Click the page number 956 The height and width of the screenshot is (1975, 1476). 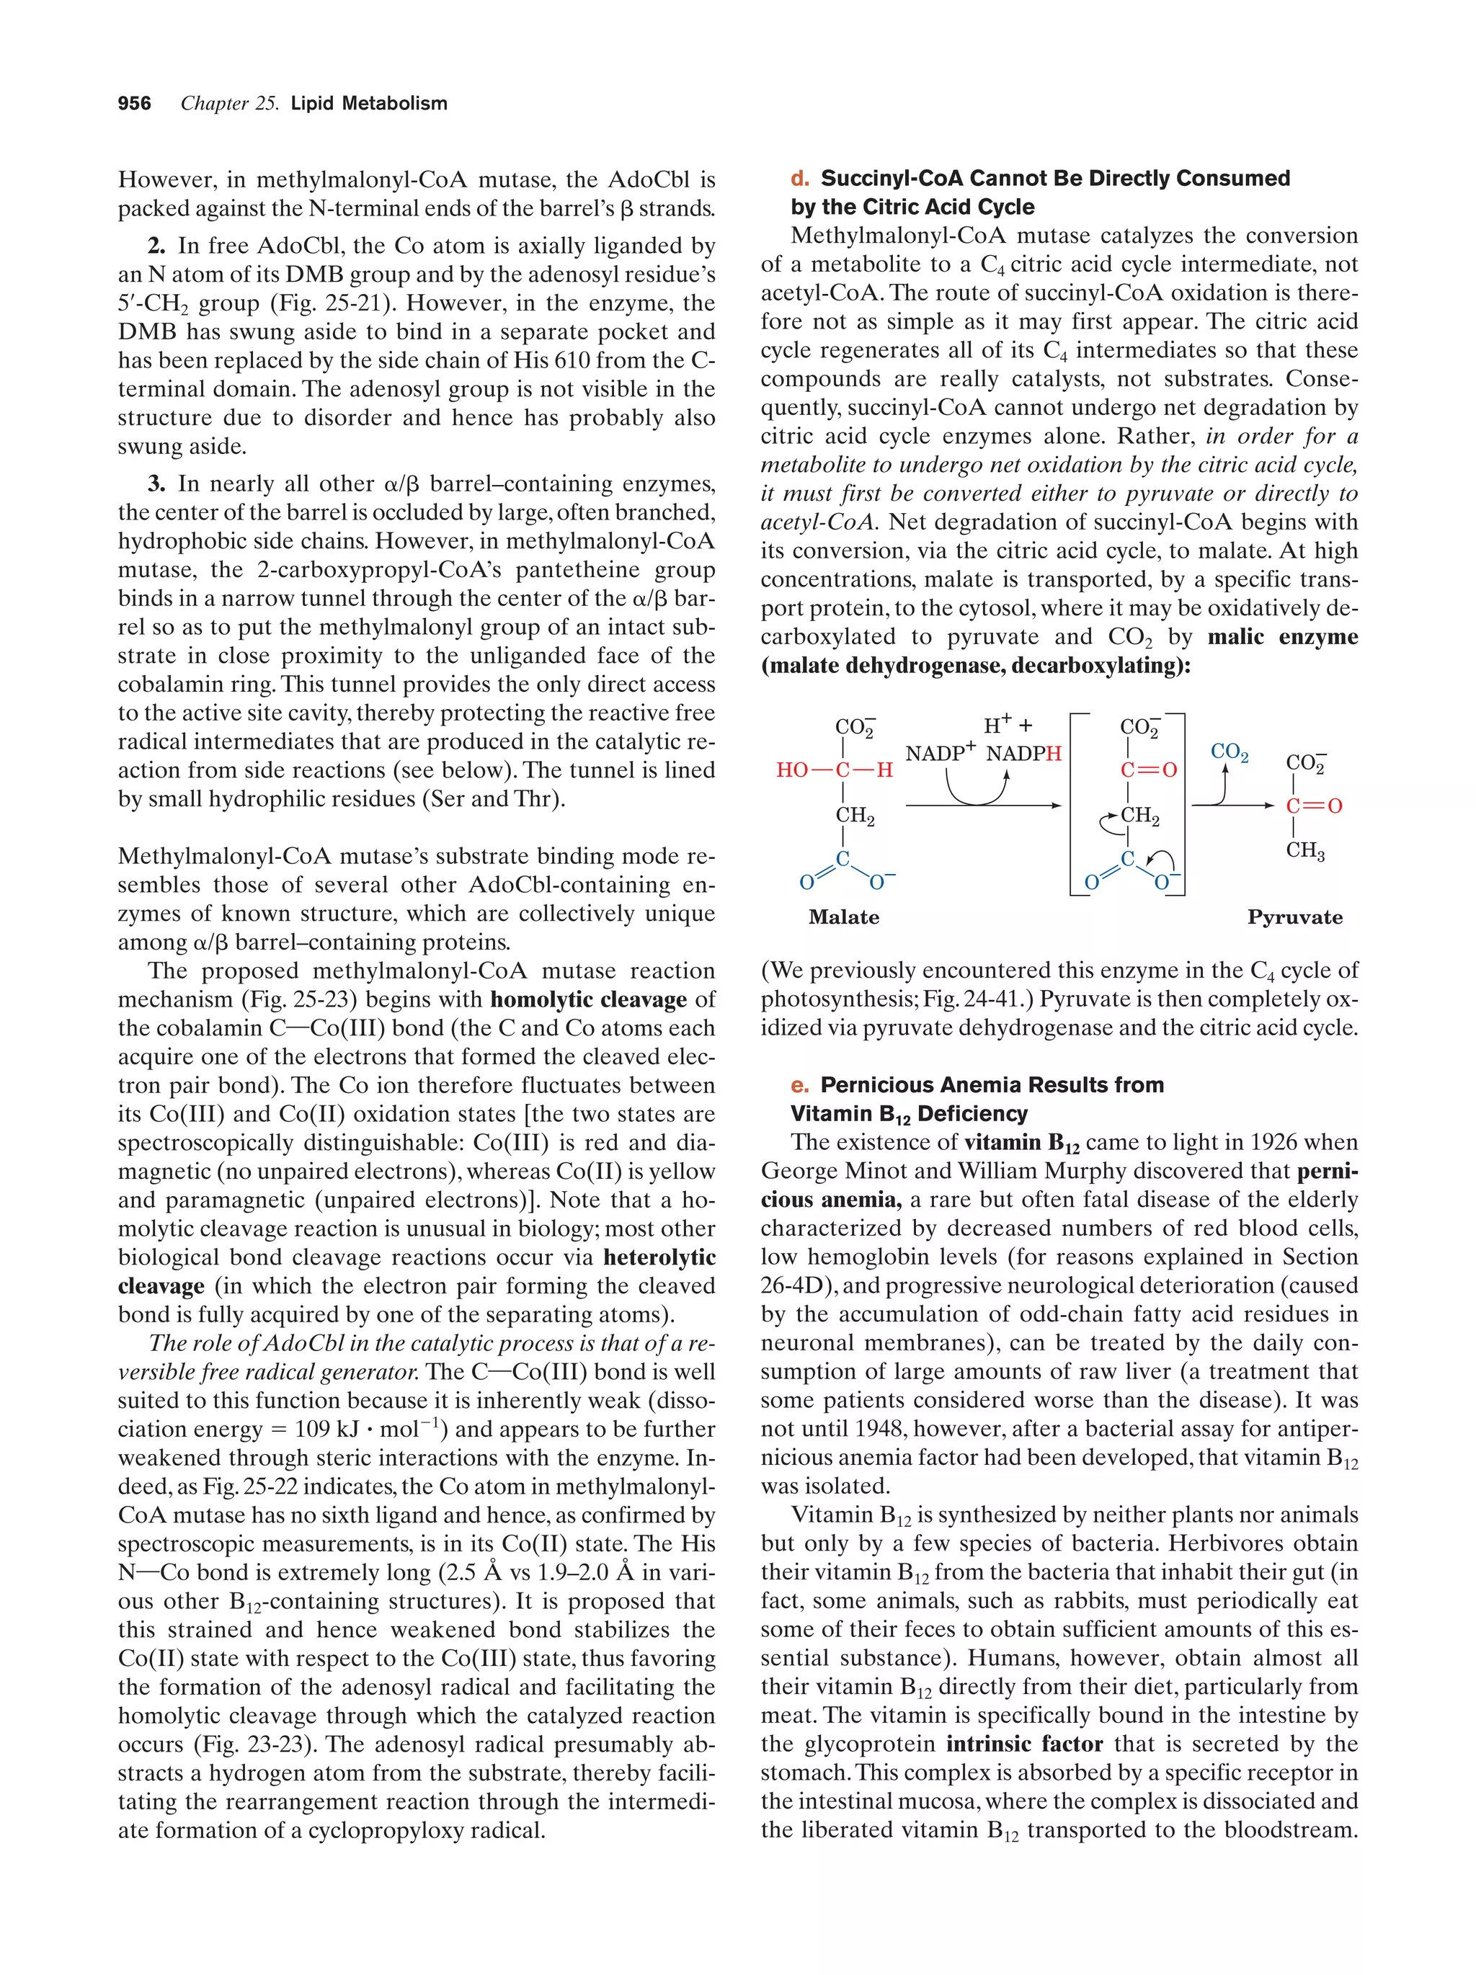[x=134, y=104]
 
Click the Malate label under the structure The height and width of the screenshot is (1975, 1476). [x=843, y=917]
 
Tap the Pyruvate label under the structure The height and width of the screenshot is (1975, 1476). [x=1294, y=917]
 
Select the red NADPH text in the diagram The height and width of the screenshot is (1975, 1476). [x=1023, y=754]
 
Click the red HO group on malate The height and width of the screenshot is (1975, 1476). [x=792, y=770]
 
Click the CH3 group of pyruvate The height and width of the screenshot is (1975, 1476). [x=1304, y=850]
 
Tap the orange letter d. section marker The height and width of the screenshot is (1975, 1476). [x=799, y=179]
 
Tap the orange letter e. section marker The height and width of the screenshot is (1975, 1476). [x=799, y=1085]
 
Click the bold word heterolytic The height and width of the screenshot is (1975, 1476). [x=659, y=1257]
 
